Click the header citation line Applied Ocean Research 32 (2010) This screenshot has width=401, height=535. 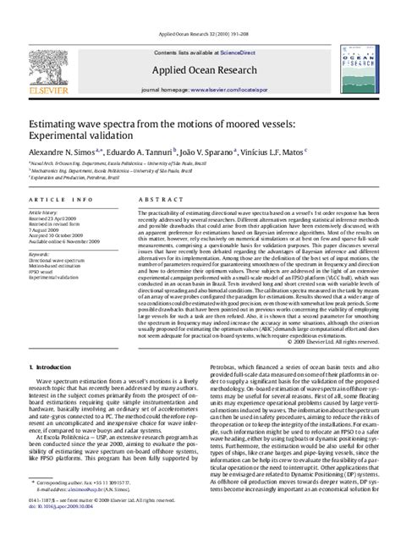point(200,8)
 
